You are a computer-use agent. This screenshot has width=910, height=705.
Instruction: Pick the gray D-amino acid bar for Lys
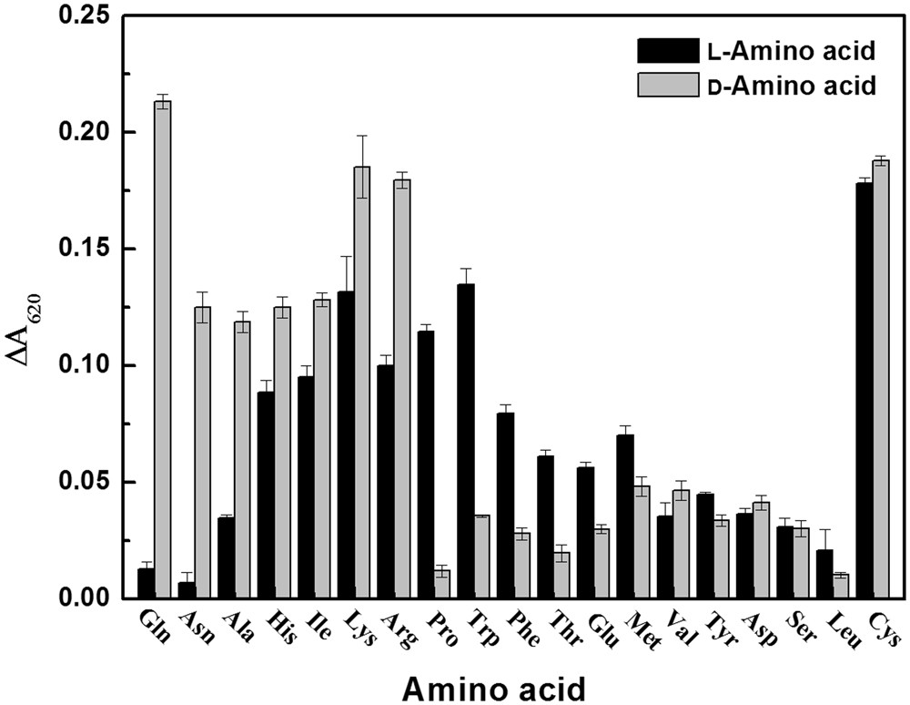pos(362,383)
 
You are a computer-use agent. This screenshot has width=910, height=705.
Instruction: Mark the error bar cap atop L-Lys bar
pos(347,257)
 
